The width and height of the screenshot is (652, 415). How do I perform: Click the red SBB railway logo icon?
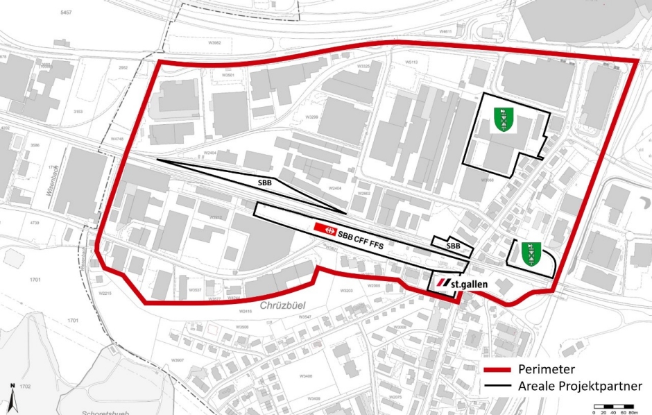pyautogui.click(x=321, y=228)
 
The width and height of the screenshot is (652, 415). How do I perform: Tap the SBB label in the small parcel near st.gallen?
pyautogui.click(x=453, y=246)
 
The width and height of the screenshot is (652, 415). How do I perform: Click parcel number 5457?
pyautogui.click(x=66, y=12)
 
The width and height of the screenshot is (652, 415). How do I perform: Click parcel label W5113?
pyautogui.click(x=413, y=62)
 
